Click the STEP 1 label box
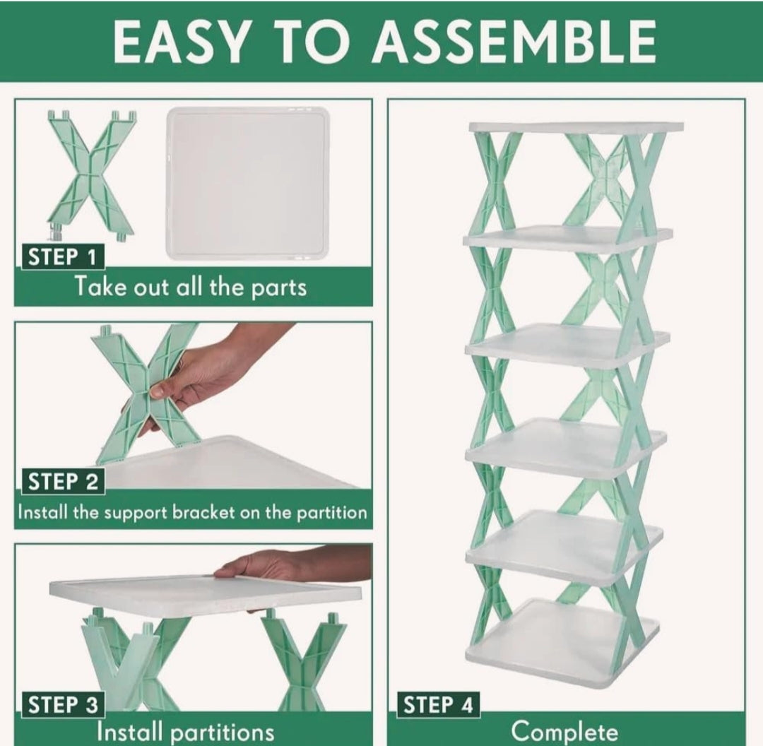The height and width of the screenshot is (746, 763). tap(63, 257)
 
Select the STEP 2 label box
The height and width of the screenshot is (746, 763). tap(63, 482)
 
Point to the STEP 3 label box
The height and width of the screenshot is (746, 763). tap(63, 704)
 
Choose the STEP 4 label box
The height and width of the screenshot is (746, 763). tap(439, 704)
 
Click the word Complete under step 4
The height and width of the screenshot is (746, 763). tap(564, 732)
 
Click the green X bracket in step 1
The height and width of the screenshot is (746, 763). tap(91, 176)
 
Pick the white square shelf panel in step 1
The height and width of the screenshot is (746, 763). tap(248, 183)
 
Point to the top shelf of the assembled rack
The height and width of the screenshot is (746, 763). tap(576, 127)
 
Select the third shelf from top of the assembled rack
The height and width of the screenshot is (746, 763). tap(567, 345)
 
